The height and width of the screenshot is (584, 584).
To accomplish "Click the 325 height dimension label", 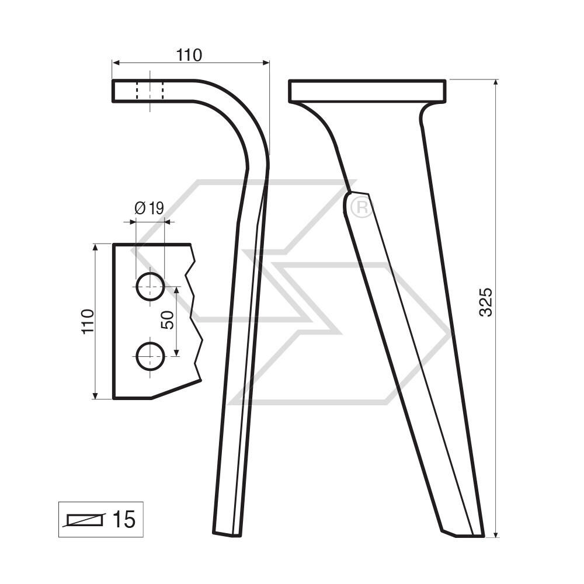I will tap(486, 301).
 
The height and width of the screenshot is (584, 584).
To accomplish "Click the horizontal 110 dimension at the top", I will tap(189, 55).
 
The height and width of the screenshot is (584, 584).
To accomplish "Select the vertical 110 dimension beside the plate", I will tap(88, 321).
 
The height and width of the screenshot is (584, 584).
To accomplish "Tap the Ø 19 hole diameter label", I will tap(149, 208).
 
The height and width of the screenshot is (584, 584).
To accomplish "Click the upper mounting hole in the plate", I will tap(150, 286).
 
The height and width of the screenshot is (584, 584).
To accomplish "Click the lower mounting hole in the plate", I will tap(150, 356).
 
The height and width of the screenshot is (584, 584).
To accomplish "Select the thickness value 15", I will tap(123, 519).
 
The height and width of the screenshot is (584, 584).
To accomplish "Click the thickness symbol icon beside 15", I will tap(86, 519).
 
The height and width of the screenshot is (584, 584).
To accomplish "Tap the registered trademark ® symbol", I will tap(361, 208).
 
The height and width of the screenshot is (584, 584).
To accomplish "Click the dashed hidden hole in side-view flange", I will tap(150, 91).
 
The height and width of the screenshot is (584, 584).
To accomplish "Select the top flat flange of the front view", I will tap(367, 91).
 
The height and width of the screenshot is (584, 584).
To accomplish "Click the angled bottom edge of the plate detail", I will tap(175, 390).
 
